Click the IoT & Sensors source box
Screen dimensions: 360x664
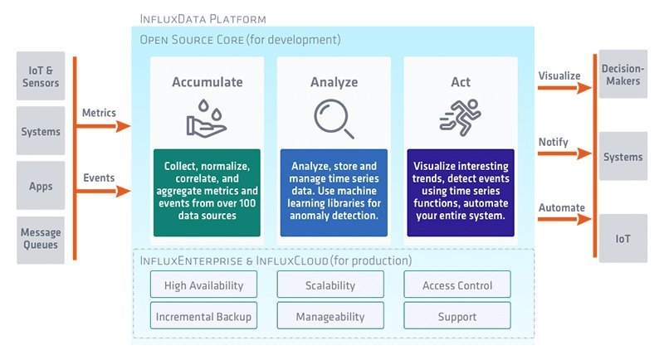(x=41, y=76)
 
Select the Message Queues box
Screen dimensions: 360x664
(x=41, y=239)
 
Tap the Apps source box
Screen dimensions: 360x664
(x=41, y=185)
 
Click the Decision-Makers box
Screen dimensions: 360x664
(x=622, y=76)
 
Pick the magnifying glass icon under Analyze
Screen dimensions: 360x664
(x=334, y=119)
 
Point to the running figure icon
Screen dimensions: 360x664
(x=459, y=119)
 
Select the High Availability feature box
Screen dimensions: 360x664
(x=204, y=285)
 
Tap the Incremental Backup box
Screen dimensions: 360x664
(x=204, y=316)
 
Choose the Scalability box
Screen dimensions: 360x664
(x=330, y=285)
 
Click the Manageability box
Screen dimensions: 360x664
(x=330, y=316)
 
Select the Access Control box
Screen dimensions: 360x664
(x=457, y=285)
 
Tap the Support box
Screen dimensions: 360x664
(x=457, y=316)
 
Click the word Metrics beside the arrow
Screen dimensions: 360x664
(x=99, y=113)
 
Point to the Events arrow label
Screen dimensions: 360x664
(x=98, y=178)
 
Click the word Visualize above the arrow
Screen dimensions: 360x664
(x=559, y=75)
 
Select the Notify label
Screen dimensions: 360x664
(x=553, y=142)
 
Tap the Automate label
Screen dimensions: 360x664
(x=561, y=207)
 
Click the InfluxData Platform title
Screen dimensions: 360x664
(x=203, y=18)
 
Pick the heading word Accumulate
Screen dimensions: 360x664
(x=207, y=82)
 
